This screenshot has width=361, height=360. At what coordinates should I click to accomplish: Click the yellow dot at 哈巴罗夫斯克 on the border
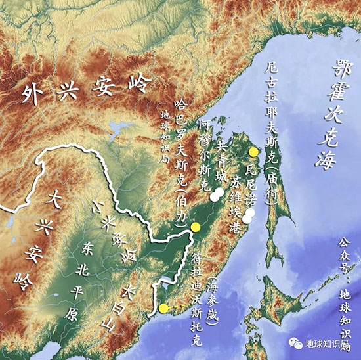tap(194, 227)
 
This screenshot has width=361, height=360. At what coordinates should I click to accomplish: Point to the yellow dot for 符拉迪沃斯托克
tap(163, 307)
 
